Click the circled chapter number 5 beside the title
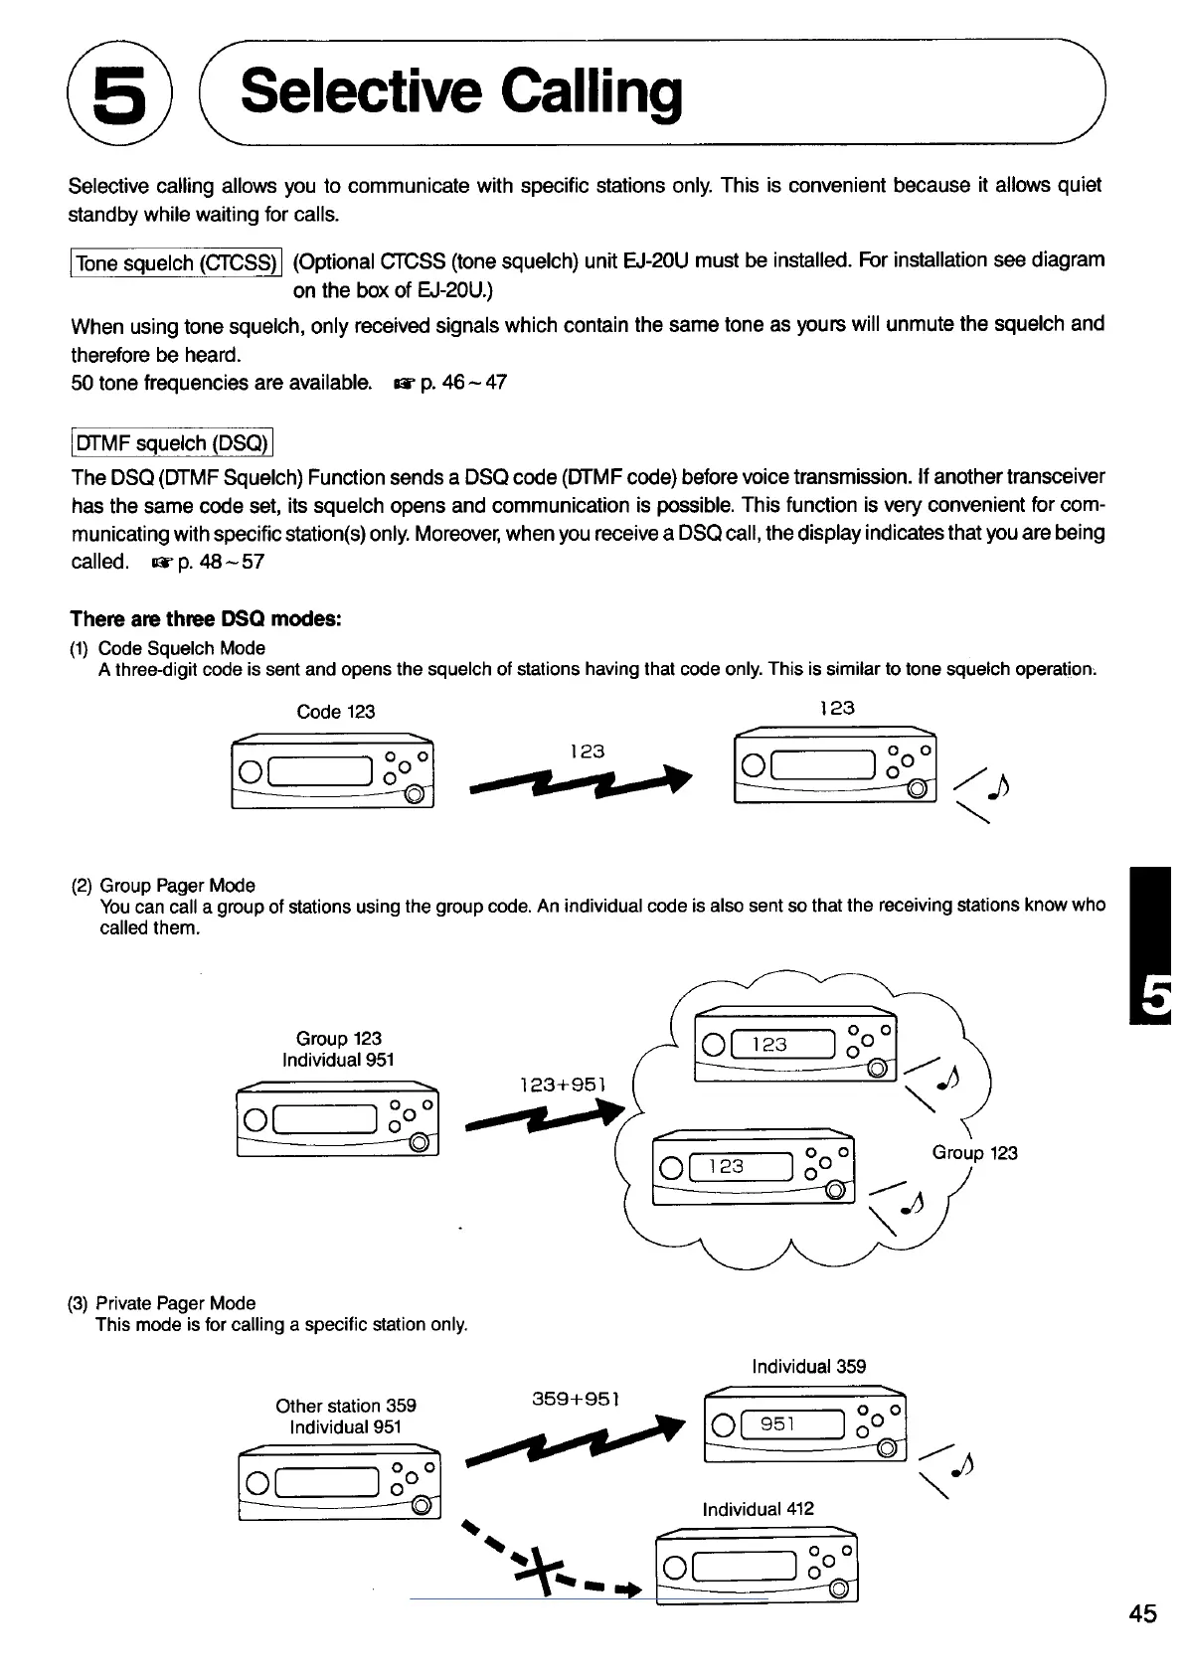click(118, 94)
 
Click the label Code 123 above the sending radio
click(336, 712)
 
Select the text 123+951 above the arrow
click(563, 1084)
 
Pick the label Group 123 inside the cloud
click(974, 1153)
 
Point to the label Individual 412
click(758, 1509)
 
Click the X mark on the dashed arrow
click(536, 1571)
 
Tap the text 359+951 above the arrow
click(577, 1399)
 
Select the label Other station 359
click(346, 1406)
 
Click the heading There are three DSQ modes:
click(206, 619)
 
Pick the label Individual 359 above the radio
click(808, 1366)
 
